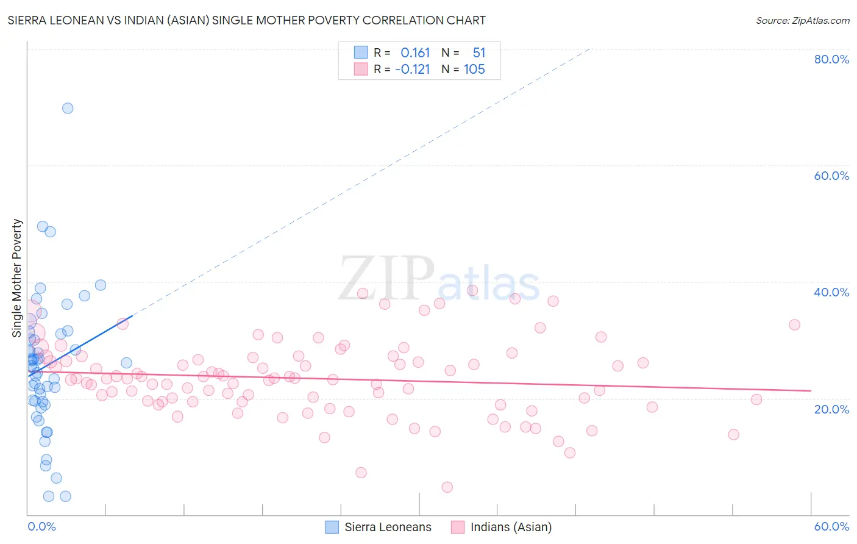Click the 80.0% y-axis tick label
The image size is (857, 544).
coord(831,59)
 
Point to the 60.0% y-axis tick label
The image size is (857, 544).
coord(831,176)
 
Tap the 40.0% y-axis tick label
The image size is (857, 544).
coord(831,292)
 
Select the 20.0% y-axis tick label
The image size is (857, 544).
coord(831,409)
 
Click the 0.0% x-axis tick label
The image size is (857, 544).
coord(41,526)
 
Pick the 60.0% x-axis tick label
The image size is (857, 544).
coord(831,526)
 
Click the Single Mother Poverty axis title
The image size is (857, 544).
coord(17,278)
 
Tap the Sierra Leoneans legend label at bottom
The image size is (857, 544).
coord(388,527)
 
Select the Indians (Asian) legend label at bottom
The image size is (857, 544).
coord(511,527)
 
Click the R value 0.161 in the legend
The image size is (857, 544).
coord(415,53)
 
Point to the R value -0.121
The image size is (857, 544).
coord(413,70)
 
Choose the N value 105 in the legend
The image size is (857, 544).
coord(474,70)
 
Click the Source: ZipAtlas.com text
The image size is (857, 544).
coord(802,21)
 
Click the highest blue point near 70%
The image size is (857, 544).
coord(68,108)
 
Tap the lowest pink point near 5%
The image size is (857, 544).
coord(447,487)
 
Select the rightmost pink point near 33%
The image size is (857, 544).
coord(794,324)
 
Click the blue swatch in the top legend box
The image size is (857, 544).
coord(361,52)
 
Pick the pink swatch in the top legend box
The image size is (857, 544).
coord(361,69)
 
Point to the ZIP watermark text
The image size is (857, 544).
coord(386,279)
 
